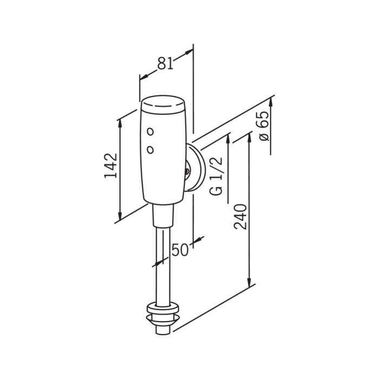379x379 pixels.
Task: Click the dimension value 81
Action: point(166,63)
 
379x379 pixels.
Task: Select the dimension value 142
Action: point(110,166)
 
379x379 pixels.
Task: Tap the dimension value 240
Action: point(240,217)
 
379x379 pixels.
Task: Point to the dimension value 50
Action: point(180,250)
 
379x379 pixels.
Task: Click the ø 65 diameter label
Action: point(264,126)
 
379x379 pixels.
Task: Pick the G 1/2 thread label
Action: point(216,176)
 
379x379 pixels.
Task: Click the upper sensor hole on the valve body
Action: point(151,132)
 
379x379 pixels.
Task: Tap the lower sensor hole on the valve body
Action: point(151,150)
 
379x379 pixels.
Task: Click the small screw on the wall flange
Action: point(187,171)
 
